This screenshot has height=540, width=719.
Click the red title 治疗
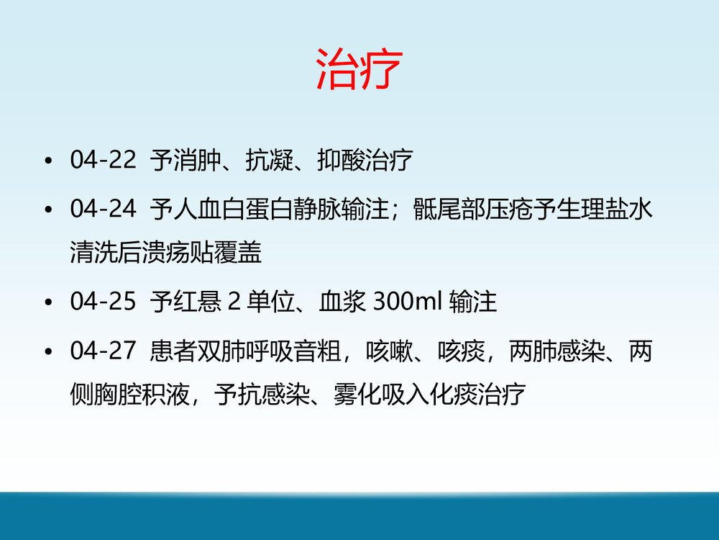(x=357, y=69)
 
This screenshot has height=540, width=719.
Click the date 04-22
(x=103, y=161)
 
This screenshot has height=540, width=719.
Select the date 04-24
(x=103, y=210)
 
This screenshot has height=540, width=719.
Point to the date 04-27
(x=103, y=351)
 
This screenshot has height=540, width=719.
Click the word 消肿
(x=196, y=161)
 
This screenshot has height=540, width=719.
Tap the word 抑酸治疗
(x=365, y=161)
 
